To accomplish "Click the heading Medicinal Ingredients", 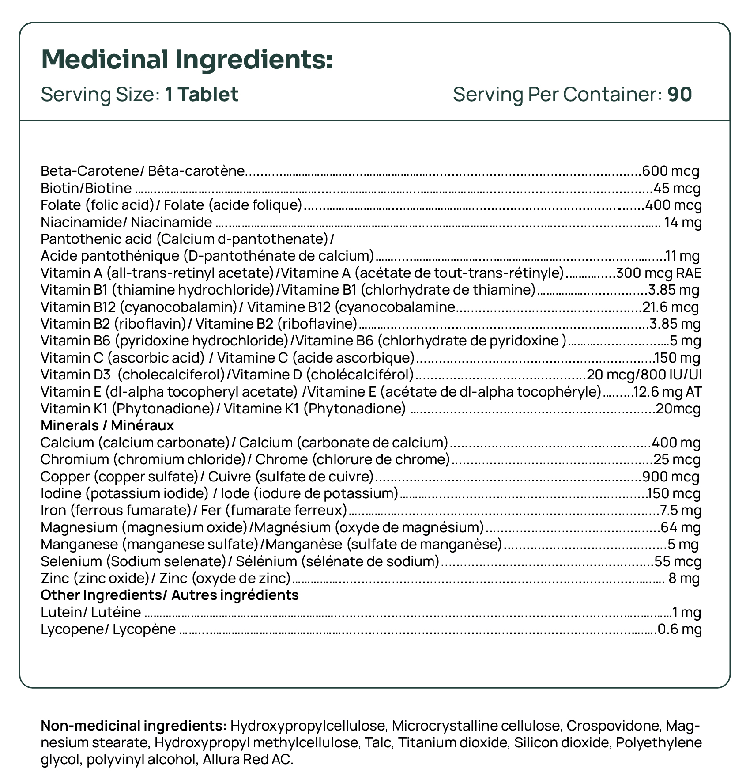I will [x=186, y=60].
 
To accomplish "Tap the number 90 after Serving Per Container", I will [x=679, y=95].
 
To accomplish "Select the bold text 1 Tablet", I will [x=202, y=95].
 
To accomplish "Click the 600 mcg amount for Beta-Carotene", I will [x=671, y=171].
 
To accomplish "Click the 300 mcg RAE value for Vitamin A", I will [x=659, y=273].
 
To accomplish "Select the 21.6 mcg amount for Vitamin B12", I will [x=671, y=307].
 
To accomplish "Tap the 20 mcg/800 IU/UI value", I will [x=644, y=375].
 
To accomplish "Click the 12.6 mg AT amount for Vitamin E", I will [x=667, y=392].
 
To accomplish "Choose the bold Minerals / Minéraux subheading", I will [x=107, y=425].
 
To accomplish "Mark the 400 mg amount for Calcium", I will [x=676, y=443].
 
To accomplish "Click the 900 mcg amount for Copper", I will [x=671, y=477].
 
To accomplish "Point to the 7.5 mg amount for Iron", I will [x=680, y=511].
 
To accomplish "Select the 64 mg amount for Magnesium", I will [x=681, y=527].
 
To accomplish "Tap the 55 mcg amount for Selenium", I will [x=678, y=561].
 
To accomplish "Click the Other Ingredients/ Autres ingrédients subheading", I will [x=170, y=595].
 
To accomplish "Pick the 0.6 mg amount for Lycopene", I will [x=679, y=629].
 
